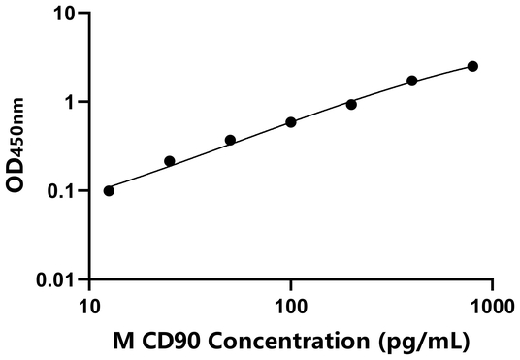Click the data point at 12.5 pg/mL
(x=109, y=190)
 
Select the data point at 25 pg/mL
(x=170, y=161)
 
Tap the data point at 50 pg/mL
(x=230, y=140)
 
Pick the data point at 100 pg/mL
(x=291, y=122)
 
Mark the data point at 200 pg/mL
(x=351, y=104)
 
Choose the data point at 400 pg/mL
(x=412, y=81)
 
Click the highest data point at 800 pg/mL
(x=472, y=66)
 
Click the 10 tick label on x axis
(x=89, y=303)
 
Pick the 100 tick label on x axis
(x=290, y=303)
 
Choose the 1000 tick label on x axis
(x=491, y=303)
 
